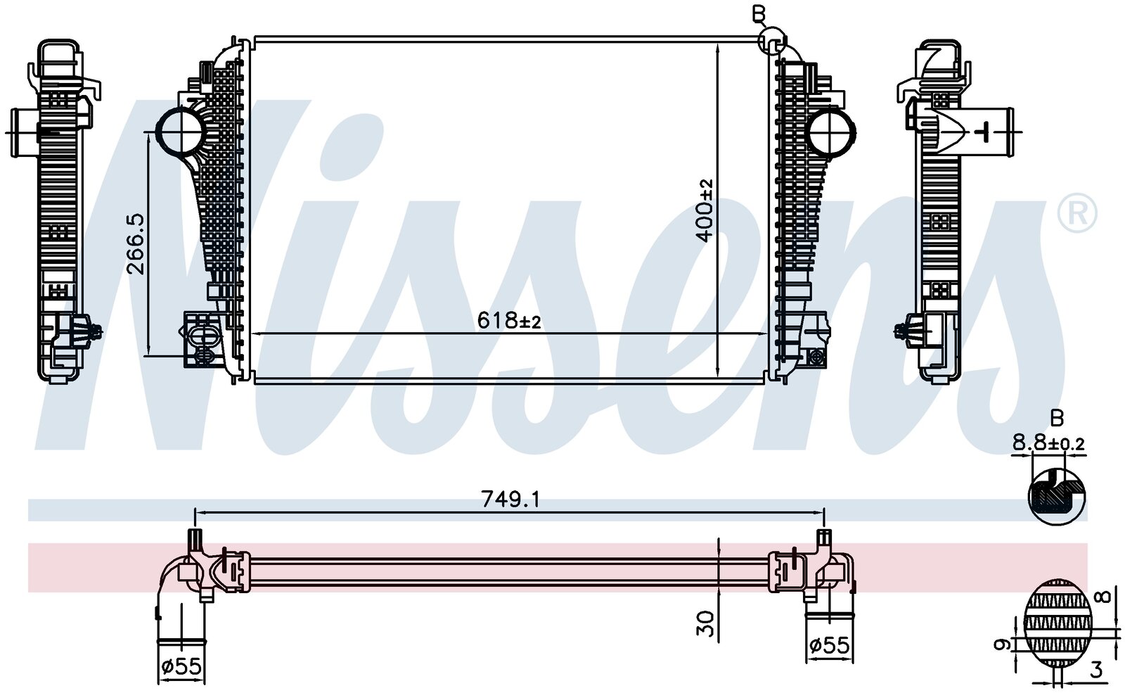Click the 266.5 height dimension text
click(x=136, y=244)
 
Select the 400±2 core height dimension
click(x=705, y=210)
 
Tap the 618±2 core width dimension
click(x=509, y=320)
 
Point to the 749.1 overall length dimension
click(x=510, y=499)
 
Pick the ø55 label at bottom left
click(x=181, y=666)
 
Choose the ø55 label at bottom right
click(x=829, y=644)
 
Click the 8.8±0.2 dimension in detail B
click(x=1048, y=443)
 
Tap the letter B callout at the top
click(x=759, y=15)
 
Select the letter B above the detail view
click(x=1057, y=418)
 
